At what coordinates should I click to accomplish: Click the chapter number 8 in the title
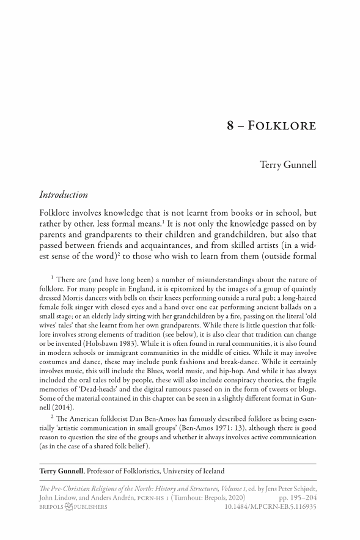pyautogui.click(x=230, y=126)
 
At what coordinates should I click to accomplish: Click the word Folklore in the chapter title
pyautogui.click(x=287, y=126)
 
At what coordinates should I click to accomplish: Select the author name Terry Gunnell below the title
pyautogui.click(x=288, y=164)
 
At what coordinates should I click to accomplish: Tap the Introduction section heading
pyautogui.click(x=64, y=195)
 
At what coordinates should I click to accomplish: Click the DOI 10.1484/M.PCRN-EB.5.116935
pyautogui.click(x=270, y=507)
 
